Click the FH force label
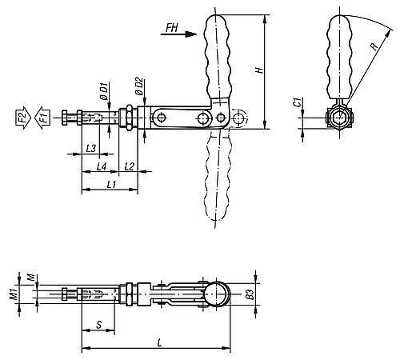[x=170, y=28]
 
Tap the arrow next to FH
[x=189, y=34]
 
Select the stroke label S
[x=98, y=326]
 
